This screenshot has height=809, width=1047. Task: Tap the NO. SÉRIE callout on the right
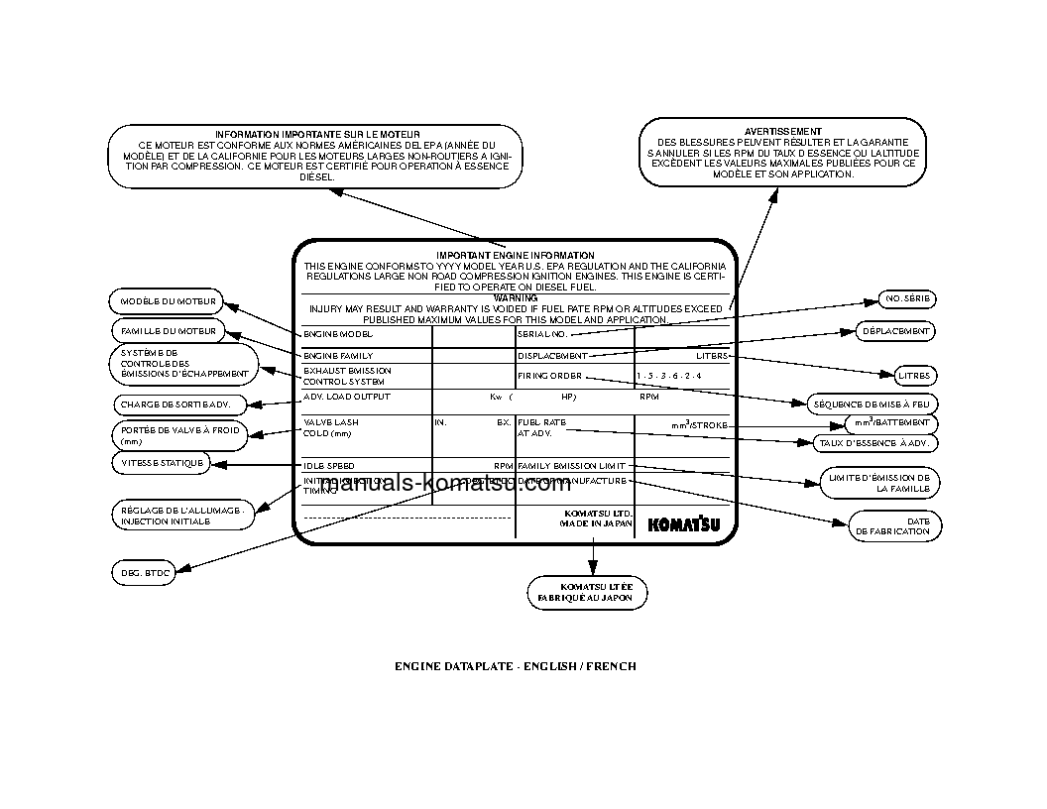(907, 299)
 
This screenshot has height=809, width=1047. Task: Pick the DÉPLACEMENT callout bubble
(895, 331)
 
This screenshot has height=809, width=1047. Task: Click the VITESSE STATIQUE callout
(162, 463)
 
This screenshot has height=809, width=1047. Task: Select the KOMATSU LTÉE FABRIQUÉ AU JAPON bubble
(586, 593)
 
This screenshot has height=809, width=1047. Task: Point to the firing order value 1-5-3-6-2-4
(669, 377)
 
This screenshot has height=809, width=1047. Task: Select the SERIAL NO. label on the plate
(542, 334)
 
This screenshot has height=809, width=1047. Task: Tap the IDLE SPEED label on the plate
(329, 466)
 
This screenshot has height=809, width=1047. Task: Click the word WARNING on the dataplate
(516, 297)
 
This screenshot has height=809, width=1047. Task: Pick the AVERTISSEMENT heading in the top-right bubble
(782, 131)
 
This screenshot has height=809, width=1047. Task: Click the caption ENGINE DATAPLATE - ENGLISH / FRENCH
(516, 666)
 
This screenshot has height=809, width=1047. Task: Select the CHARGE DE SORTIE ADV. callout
(168, 404)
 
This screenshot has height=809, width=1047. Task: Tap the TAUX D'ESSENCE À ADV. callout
(873, 443)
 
